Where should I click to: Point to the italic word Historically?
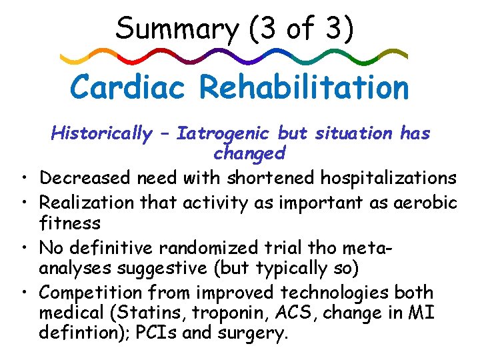pos(101,134)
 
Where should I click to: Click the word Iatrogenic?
pos(225,134)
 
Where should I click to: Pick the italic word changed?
pos(249,153)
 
